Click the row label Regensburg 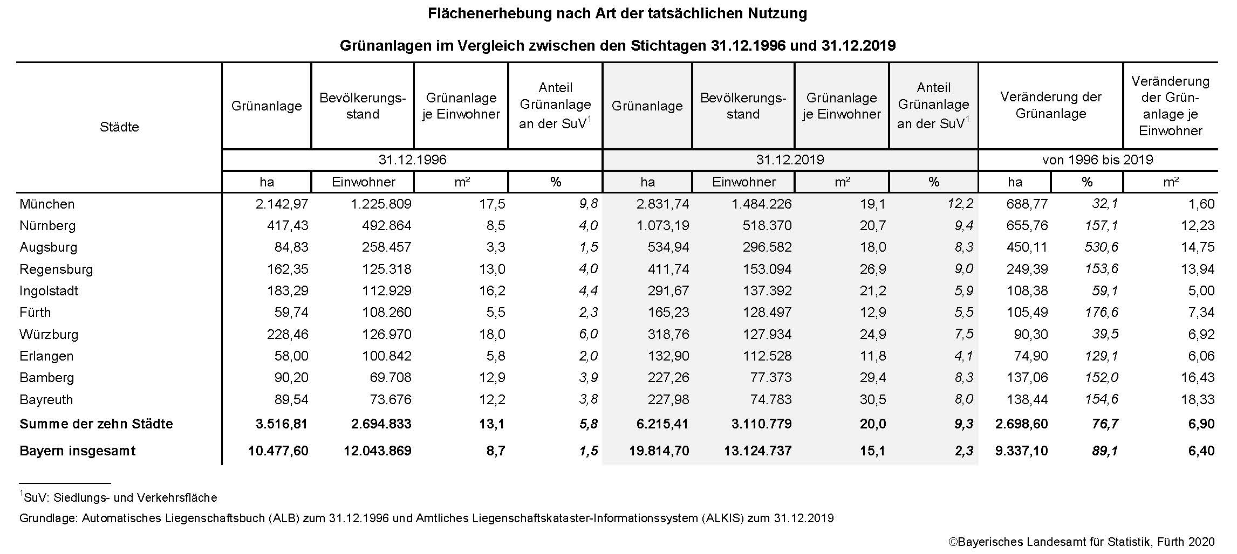click(x=56, y=269)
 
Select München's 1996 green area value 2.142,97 click(x=282, y=204)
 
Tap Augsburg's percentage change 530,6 click(x=1101, y=247)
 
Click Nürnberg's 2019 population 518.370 click(x=767, y=226)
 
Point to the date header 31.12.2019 click(x=790, y=160)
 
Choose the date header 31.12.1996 click(x=412, y=160)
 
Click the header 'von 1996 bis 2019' click(x=1097, y=160)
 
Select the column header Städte click(x=119, y=127)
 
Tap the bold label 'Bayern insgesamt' click(x=78, y=451)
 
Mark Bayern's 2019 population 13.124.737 click(x=757, y=451)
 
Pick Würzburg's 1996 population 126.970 click(x=386, y=334)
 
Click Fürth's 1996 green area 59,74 click(x=291, y=313)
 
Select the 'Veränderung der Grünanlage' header click(x=1050, y=105)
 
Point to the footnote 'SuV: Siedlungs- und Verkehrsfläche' click(x=119, y=497)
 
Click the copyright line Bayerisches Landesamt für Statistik click(x=1082, y=542)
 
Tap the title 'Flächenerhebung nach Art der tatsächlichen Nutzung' click(x=617, y=13)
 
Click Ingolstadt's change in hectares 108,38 click(x=1027, y=291)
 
